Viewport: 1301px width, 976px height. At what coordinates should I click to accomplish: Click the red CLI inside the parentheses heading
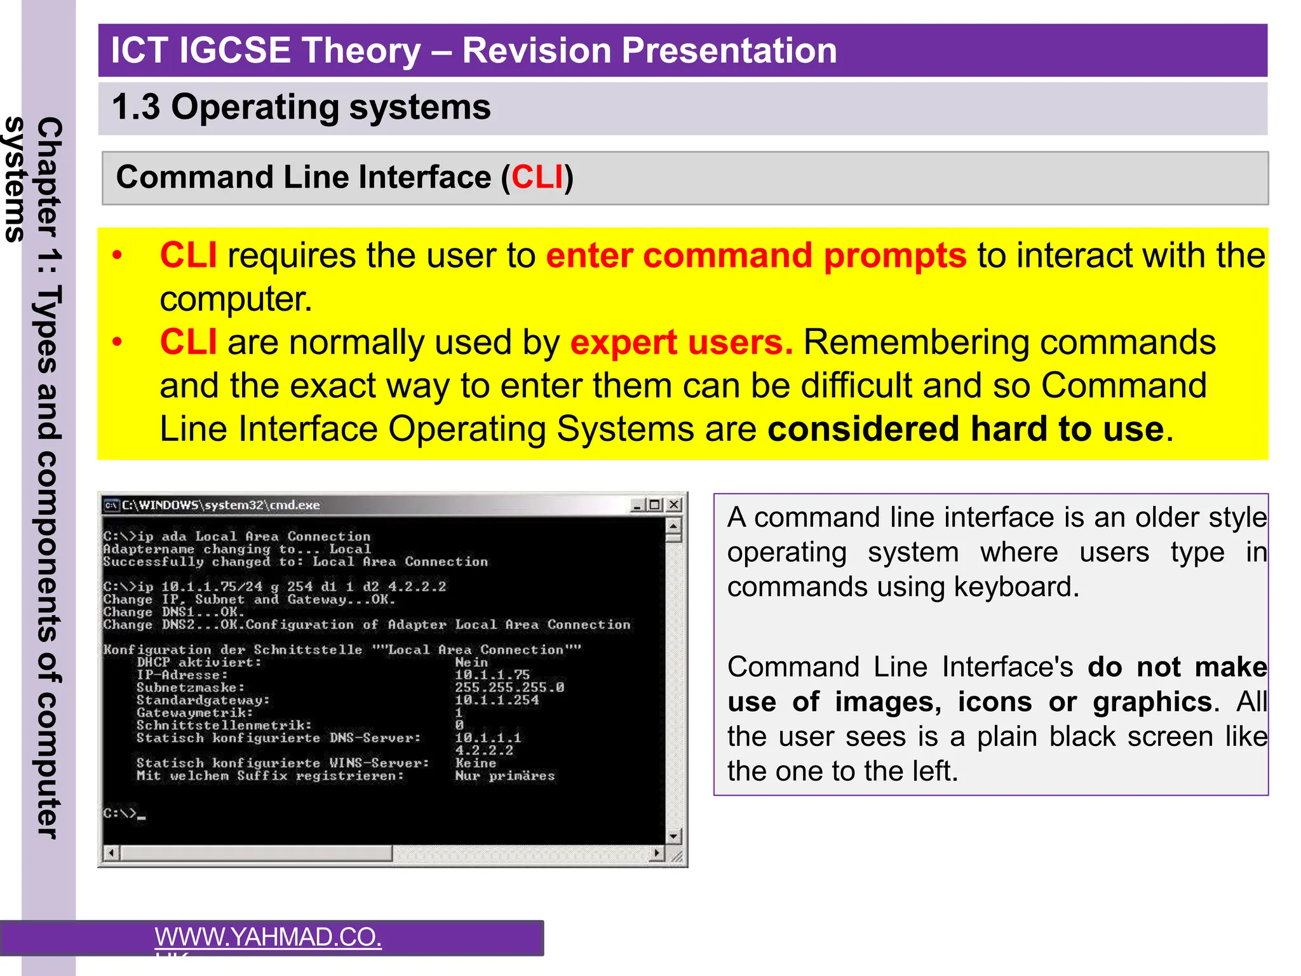tap(537, 177)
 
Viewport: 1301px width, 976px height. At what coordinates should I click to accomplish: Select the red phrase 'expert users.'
tap(681, 342)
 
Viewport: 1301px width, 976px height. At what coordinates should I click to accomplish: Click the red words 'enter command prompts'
tap(755, 256)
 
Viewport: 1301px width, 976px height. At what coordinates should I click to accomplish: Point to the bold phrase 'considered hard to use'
tap(966, 429)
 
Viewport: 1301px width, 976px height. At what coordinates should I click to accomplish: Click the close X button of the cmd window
tap(674, 505)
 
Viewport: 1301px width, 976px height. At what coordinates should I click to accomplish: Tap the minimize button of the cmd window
tap(637, 505)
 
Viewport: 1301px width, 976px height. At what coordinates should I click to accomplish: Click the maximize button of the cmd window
tap(656, 505)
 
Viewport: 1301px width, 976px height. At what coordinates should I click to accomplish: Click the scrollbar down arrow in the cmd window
tap(673, 836)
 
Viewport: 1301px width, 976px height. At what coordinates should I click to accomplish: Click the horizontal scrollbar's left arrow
tap(111, 853)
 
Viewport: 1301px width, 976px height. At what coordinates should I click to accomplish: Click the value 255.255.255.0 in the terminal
tap(509, 688)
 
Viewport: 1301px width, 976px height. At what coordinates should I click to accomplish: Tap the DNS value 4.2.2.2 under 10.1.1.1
tap(483, 750)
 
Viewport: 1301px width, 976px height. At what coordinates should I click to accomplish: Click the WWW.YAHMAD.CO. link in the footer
tap(268, 937)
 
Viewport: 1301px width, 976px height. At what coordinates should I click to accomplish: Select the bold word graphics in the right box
tap(1152, 702)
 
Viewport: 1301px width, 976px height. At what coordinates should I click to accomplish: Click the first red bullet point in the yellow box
tap(117, 256)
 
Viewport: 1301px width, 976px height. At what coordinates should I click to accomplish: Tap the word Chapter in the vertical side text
tap(50, 178)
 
